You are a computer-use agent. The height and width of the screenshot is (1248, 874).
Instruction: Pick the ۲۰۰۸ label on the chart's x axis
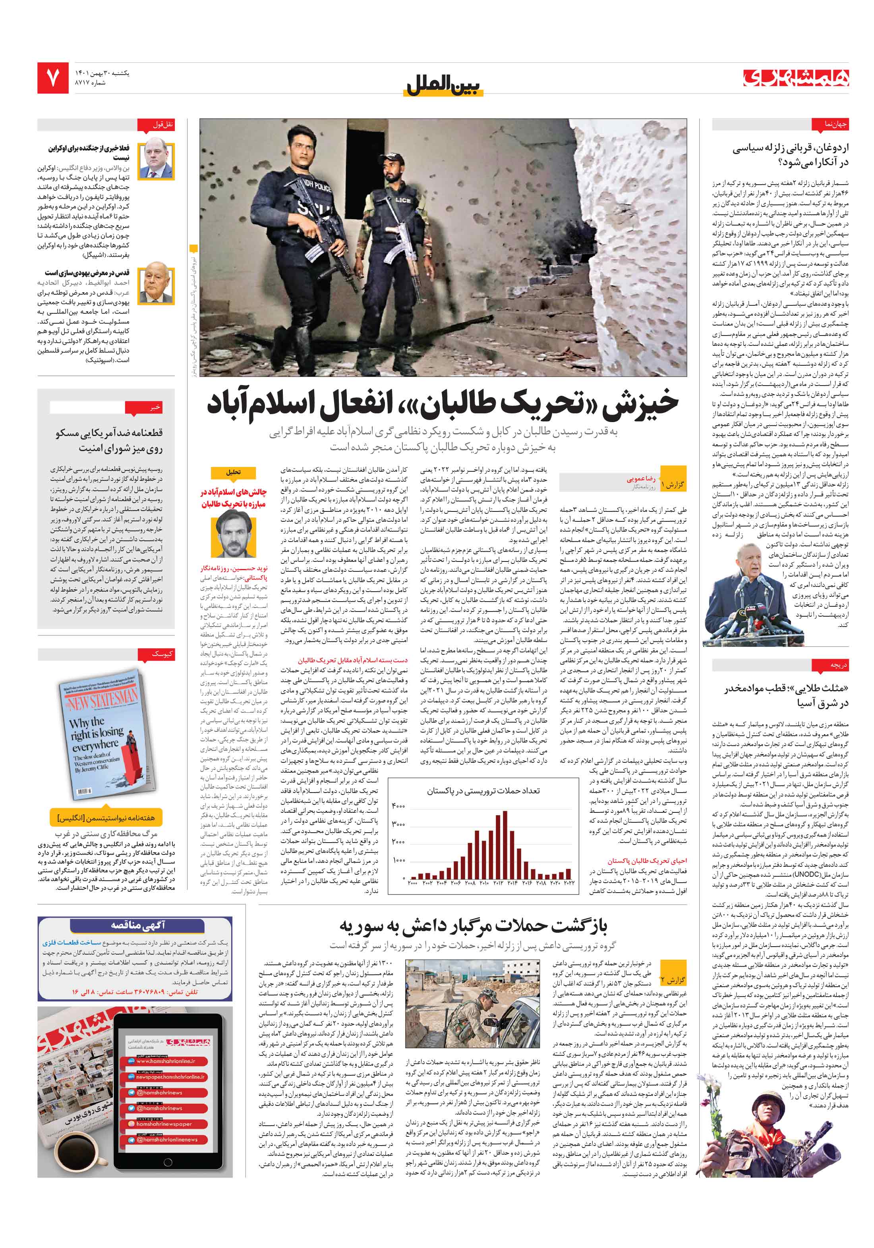[x=470, y=883]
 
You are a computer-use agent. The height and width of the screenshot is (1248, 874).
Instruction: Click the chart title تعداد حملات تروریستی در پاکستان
[x=483, y=790]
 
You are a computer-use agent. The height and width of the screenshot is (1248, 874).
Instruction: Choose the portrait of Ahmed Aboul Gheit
[x=156, y=286]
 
